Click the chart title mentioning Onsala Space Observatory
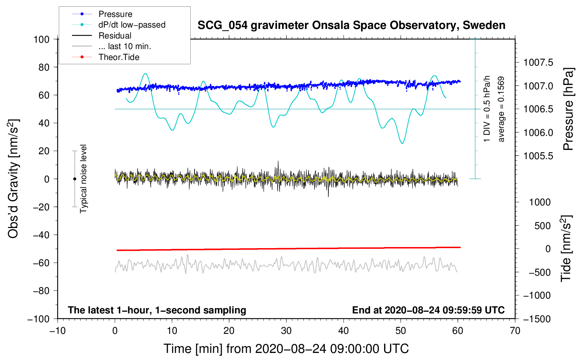351,25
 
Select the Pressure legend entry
115,14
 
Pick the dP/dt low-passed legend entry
132,25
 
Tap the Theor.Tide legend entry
119,57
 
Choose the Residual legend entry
115,36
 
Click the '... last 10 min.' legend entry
125,46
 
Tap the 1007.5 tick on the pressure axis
538,62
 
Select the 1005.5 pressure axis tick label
538,156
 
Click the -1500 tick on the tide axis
537,319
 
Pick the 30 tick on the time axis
286,331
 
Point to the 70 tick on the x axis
515,331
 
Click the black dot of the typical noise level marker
74,179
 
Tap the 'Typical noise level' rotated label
83,179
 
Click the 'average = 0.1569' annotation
501,109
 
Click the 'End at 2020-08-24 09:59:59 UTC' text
428,310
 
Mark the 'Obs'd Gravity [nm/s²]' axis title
13,179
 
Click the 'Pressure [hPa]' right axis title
568,109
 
